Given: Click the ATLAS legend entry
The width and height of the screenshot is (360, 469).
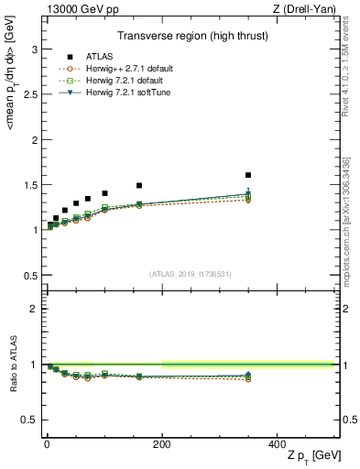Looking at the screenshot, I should click(x=88, y=57).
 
